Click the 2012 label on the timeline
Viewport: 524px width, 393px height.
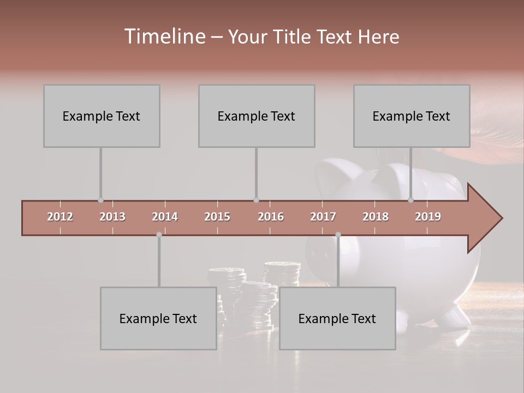click(x=60, y=217)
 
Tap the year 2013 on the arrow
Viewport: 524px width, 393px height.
click(x=112, y=217)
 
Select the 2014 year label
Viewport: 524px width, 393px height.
click(x=165, y=217)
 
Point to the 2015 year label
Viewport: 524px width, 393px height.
click(x=217, y=217)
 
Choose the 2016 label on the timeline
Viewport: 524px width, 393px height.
click(x=271, y=217)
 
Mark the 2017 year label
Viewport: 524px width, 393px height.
click(x=323, y=217)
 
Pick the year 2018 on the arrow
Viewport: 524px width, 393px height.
click(x=376, y=217)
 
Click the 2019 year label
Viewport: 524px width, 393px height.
click(x=428, y=217)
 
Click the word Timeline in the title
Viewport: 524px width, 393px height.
click(x=164, y=37)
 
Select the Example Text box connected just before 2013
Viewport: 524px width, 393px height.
click(x=102, y=116)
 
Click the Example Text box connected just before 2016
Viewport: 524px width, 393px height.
click(x=257, y=116)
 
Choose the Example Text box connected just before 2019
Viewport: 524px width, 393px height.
click(x=412, y=116)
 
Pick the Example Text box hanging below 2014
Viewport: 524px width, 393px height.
click(x=158, y=318)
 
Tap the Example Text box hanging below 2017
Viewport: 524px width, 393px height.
click(x=337, y=318)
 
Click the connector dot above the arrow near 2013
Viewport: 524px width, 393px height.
click(x=100, y=200)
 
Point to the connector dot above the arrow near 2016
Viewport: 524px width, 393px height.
click(x=256, y=200)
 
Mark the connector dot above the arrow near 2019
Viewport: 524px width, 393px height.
click(x=411, y=200)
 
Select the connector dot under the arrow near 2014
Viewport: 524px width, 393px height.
click(x=159, y=235)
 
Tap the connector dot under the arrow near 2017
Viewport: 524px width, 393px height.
click(x=338, y=235)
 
